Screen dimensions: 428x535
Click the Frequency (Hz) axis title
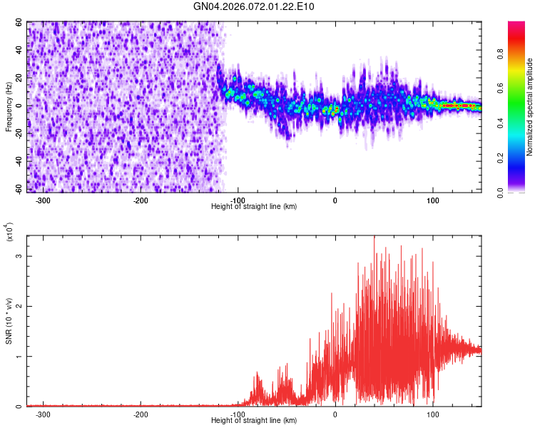coord(9,107)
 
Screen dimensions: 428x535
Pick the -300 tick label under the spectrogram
coord(43,200)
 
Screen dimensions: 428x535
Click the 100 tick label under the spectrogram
coord(432,200)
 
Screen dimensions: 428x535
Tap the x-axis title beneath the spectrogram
coord(254,206)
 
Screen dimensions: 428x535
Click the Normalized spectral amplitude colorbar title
coord(531,107)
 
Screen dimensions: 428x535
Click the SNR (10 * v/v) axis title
coord(9,321)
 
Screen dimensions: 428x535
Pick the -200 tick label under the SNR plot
coord(141,414)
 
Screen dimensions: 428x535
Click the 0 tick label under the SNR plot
coord(335,414)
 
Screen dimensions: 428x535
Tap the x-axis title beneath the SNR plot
coord(254,421)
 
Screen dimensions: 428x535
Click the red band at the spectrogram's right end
coord(457,105)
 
